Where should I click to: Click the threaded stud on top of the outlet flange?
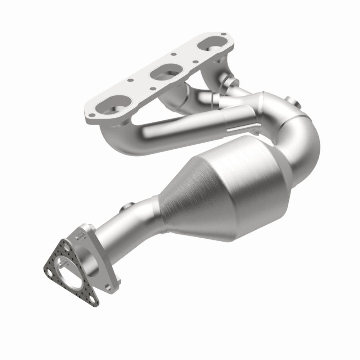click(x=80, y=235)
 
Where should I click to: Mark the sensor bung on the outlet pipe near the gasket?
click(x=127, y=209)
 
